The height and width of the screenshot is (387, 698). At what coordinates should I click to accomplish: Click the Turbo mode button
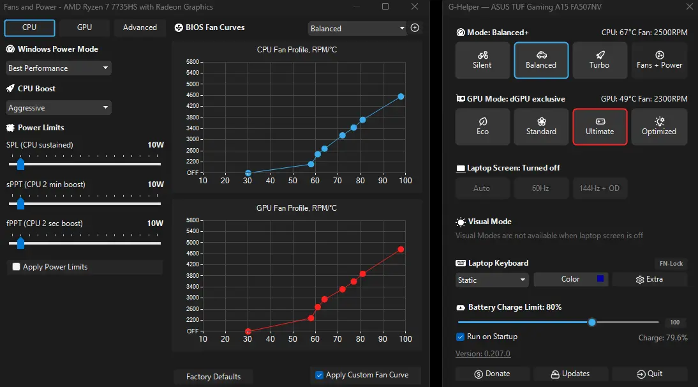(x=600, y=60)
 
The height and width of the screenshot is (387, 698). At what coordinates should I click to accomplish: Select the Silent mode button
(x=482, y=60)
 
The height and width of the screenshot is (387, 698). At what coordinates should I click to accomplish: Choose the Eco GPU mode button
(x=482, y=126)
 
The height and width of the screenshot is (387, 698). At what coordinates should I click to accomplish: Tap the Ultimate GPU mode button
(x=600, y=126)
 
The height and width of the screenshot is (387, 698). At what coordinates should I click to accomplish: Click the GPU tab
(x=84, y=27)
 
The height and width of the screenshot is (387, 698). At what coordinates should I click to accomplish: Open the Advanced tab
(x=140, y=27)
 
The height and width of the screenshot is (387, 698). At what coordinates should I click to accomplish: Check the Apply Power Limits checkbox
(x=17, y=267)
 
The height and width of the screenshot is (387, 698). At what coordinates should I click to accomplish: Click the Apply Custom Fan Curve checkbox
(x=319, y=375)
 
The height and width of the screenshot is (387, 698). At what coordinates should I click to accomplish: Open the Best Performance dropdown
(x=58, y=68)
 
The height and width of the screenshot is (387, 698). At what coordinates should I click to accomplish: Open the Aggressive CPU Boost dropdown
(x=58, y=108)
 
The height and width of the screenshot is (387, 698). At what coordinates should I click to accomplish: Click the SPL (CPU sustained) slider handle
(x=20, y=164)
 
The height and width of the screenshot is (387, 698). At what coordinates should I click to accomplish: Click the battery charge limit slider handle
(x=591, y=322)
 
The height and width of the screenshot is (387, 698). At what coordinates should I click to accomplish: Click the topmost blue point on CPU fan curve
(x=401, y=96)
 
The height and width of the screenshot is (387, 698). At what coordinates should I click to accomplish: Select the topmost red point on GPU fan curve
(x=401, y=250)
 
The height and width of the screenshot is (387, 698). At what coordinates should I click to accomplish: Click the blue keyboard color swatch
(x=600, y=279)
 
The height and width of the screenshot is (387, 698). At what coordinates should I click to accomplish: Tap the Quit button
(x=650, y=374)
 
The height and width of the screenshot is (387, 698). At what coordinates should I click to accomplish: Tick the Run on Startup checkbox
(x=460, y=337)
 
